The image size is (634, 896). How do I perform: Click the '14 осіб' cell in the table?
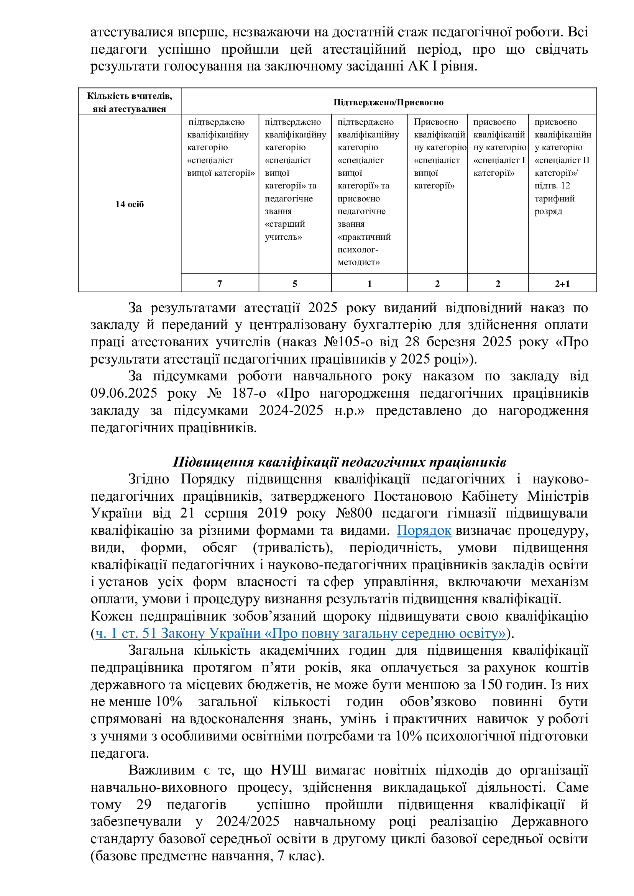[x=129, y=204]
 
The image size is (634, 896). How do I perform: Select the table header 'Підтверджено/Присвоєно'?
[x=388, y=102]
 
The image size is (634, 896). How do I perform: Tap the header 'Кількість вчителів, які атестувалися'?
[x=129, y=102]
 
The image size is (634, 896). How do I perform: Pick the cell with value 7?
[x=219, y=284]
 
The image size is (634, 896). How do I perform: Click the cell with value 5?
[x=295, y=284]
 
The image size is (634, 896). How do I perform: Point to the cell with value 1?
[x=369, y=284]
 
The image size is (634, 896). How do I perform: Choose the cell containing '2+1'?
[x=562, y=284]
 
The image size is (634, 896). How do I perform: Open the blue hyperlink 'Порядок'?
[x=424, y=530]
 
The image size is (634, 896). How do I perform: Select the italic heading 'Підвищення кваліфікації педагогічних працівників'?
[x=339, y=462]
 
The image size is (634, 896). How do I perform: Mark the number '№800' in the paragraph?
[x=354, y=513]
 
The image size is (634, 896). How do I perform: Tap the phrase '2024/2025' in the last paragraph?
[x=248, y=821]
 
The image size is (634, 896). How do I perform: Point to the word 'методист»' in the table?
[x=358, y=262]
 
